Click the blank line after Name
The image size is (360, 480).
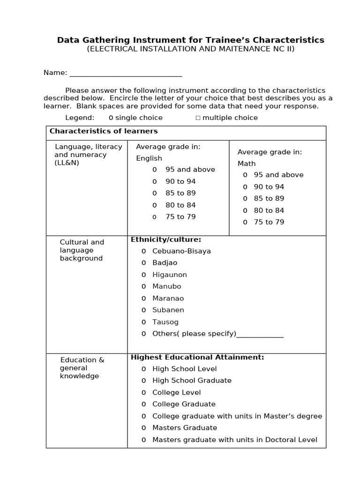[x=125, y=74]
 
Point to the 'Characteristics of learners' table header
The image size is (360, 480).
[x=104, y=131]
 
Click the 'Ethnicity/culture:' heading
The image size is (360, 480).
[x=166, y=240]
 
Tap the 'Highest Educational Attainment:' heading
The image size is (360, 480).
[x=197, y=357]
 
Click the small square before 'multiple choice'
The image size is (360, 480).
[x=198, y=118]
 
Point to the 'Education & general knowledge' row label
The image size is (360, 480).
[x=82, y=368]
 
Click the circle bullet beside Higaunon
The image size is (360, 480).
[x=144, y=275]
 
